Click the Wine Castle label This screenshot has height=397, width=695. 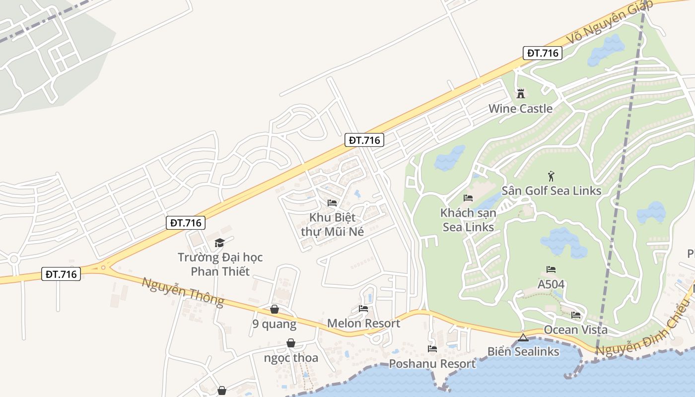(520, 109)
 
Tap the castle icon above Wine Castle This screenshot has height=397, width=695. (520, 93)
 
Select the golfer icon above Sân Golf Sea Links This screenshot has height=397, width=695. (551, 176)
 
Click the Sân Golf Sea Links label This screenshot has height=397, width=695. (551, 191)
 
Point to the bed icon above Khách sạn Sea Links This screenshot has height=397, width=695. (468, 198)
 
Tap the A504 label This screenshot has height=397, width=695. (551, 285)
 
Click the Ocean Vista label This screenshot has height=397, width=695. (575, 330)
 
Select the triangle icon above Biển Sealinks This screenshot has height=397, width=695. (523, 338)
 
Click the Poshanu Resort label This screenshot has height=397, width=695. (432, 364)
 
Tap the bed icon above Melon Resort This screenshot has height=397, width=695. (363, 309)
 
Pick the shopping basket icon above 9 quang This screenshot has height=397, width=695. (274, 310)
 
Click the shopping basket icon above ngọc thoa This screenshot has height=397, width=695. (291, 343)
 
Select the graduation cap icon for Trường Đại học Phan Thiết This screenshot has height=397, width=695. (219, 243)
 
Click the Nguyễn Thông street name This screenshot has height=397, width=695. (183, 291)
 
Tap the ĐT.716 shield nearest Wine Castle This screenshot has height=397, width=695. (542, 53)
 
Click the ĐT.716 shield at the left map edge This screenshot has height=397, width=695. (61, 274)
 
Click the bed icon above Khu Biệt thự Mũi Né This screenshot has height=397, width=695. (332, 203)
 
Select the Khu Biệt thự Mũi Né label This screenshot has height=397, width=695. (332, 224)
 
